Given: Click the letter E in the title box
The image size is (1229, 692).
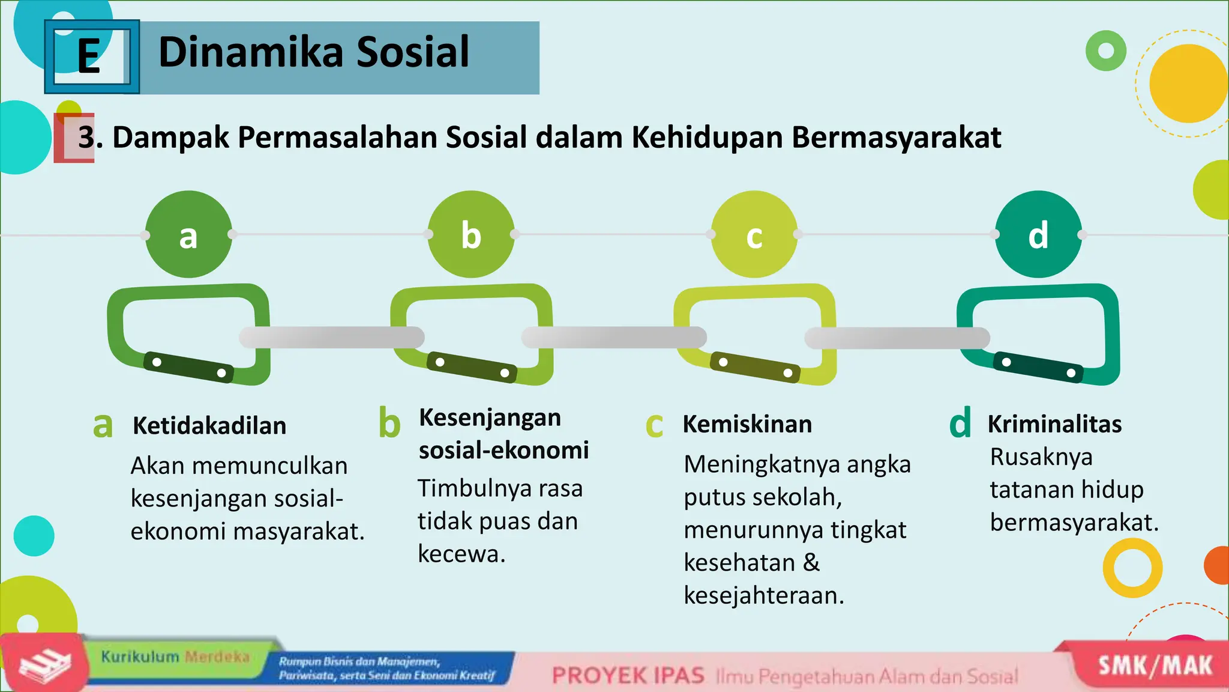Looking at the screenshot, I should [89, 56].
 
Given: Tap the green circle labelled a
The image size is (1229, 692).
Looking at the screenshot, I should [188, 235].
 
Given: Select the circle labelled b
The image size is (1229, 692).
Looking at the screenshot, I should [471, 235].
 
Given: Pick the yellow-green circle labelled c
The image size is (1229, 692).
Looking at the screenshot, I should [754, 235].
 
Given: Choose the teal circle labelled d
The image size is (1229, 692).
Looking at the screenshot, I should [1038, 235].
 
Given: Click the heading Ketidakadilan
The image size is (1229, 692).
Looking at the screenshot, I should [209, 426].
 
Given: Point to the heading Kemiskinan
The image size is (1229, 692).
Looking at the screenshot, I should [747, 424].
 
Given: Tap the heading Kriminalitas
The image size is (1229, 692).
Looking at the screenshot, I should [1054, 424].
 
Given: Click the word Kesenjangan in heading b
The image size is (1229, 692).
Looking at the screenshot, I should [490, 418].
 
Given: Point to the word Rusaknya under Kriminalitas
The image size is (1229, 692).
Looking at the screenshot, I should [1041, 457].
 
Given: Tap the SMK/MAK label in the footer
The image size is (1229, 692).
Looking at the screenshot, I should [1155, 666].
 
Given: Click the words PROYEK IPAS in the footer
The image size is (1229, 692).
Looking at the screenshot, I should [628, 676].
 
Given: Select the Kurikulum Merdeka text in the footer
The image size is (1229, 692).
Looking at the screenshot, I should [175, 657].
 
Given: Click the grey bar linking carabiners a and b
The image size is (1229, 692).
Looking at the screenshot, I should [331, 338].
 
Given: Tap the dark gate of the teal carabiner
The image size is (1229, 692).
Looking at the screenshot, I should [1038, 368].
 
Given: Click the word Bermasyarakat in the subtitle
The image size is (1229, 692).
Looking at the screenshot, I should [896, 138].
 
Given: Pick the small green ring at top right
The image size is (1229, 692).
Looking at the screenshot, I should [1105, 51].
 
